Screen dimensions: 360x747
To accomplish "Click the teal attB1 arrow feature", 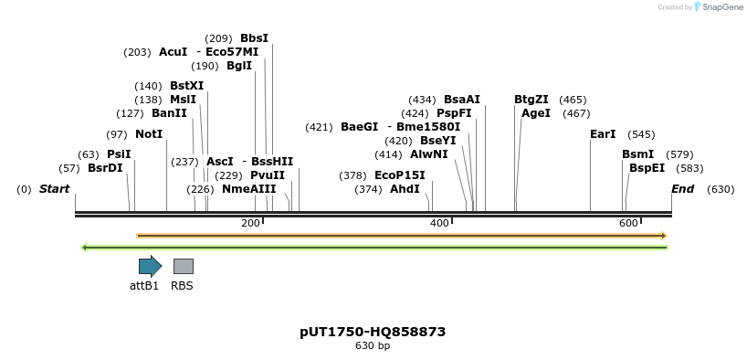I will click(x=150, y=266).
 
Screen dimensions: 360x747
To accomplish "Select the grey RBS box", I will click(x=183, y=266).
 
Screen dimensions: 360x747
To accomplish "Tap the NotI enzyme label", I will click(x=149, y=134).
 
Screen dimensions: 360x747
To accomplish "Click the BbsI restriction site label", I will click(x=254, y=38).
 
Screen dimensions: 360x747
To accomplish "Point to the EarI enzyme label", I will click(x=603, y=134).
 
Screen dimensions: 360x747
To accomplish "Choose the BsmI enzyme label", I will click(x=637, y=154).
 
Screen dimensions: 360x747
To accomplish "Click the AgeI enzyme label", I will click(x=536, y=113).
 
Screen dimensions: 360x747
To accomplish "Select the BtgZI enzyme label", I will click(x=531, y=100).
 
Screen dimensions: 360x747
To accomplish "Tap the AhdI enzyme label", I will click(x=405, y=189).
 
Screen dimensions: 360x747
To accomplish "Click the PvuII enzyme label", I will click(x=268, y=175).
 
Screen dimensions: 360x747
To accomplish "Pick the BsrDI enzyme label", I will click(x=105, y=168).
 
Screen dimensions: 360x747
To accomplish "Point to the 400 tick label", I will click(x=439, y=224).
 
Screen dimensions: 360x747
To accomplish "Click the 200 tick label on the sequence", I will click(x=250, y=224).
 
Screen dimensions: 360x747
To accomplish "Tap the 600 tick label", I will click(x=628, y=224).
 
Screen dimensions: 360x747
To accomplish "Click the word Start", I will click(x=54, y=189).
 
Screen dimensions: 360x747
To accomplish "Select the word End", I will click(x=682, y=189).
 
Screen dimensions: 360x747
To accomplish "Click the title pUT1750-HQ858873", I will click(x=373, y=332).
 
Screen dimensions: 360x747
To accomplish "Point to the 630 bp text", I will click(x=373, y=346).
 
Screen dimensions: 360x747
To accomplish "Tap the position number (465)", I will click(x=573, y=100).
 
